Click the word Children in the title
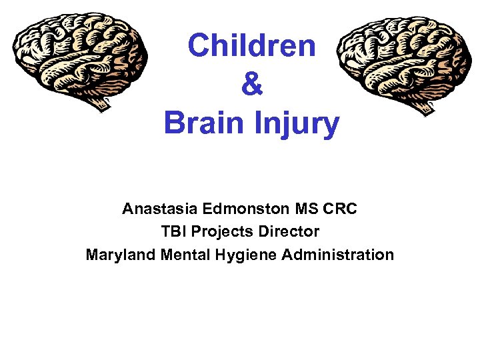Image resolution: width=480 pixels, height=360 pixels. click(251, 46)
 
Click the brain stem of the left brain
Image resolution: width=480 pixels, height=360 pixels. click(104, 103)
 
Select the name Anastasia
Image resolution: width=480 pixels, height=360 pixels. click(160, 209)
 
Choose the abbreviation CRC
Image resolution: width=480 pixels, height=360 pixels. click(341, 209)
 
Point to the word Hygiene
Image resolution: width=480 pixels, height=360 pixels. click(242, 255)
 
